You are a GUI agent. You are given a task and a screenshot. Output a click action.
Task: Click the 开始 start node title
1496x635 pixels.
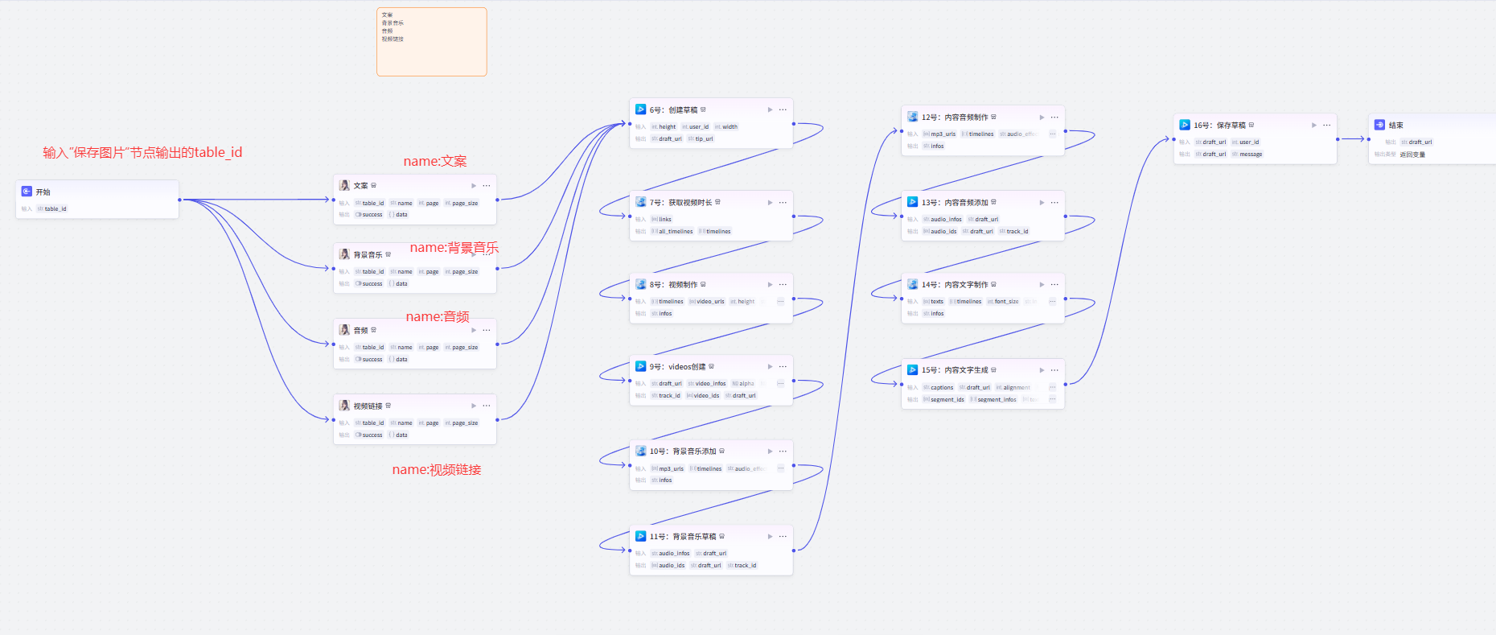43,192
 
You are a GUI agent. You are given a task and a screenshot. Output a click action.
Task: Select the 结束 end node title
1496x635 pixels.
1395,126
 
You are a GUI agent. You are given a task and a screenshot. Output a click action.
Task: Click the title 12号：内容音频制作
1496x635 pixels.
954,118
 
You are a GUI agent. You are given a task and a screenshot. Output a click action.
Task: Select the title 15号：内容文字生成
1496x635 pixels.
954,370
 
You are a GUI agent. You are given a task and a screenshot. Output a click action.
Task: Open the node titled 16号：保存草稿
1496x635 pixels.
1219,126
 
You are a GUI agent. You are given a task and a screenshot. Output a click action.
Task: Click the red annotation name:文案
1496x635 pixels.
434,162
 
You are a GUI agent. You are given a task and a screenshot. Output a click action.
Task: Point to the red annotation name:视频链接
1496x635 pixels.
436,470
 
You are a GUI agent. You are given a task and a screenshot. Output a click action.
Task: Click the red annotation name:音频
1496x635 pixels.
437,317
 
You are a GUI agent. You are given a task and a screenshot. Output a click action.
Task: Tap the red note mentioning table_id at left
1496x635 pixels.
142,153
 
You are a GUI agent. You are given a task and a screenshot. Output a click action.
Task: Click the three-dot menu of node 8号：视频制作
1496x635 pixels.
783,285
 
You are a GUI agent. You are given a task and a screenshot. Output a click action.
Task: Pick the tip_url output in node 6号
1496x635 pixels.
701,139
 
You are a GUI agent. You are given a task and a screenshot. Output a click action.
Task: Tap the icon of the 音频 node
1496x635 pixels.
344,331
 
